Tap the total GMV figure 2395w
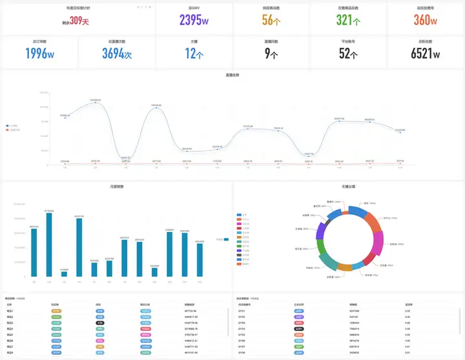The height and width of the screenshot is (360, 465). (x=194, y=20)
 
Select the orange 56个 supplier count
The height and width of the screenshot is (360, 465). (x=271, y=20)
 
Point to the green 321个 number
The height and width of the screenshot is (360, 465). (x=349, y=20)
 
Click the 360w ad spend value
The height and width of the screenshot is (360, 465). (x=426, y=20)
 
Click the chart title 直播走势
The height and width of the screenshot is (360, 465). (x=232, y=76)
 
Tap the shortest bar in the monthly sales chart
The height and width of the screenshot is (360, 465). (x=64, y=274)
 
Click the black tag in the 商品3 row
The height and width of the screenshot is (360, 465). (x=100, y=323)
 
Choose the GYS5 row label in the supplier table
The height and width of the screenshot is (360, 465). (x=242, y=335)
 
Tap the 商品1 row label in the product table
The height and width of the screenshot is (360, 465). (x=9, y=310)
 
